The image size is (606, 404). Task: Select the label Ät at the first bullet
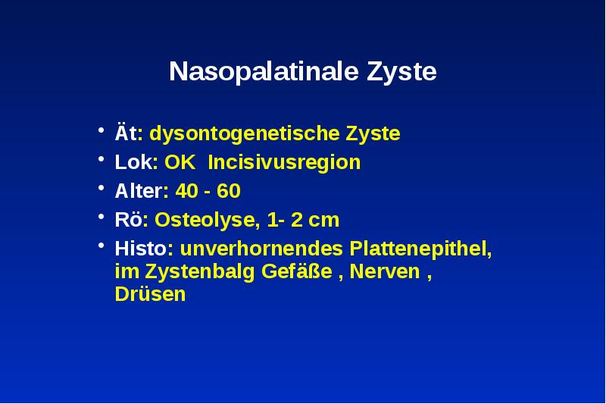click(123, 134)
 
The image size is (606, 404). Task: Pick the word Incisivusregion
click(284, 163)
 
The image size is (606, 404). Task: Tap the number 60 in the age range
click(229, 192)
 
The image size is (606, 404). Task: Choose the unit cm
click(325, 221)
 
